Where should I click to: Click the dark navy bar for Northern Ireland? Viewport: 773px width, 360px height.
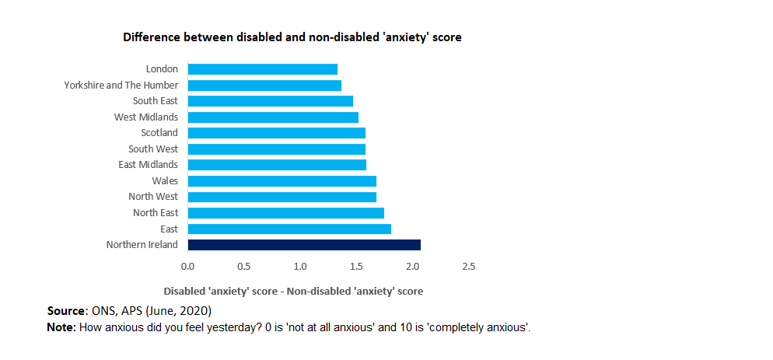(304, 245)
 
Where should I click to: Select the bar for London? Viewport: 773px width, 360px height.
(262, 69)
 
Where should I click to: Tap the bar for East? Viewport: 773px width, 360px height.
(289, 229)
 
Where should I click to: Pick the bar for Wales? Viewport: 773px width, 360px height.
(282, 181)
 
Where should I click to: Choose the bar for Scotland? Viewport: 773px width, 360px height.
(276, 133)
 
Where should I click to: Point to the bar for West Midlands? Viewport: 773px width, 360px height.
(273, 117)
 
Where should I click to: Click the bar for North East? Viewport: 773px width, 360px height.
(285, 213)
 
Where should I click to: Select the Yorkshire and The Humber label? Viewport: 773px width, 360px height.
(121, 85)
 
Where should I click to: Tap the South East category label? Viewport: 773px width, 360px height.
(155, 101)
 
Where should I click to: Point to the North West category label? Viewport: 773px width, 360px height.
(153, 197)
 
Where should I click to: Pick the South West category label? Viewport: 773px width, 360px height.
(153, 149)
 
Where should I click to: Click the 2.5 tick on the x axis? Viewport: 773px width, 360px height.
(468, 267)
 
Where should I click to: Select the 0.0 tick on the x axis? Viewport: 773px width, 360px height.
(187, 267)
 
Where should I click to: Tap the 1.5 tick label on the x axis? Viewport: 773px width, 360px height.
(356, 267)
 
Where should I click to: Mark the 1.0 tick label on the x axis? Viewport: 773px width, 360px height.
(300, 267)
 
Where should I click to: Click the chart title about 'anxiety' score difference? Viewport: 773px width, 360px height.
(292, 37)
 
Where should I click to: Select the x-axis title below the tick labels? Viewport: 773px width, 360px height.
(292, 291)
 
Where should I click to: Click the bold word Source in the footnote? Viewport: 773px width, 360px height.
(66, 311)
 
